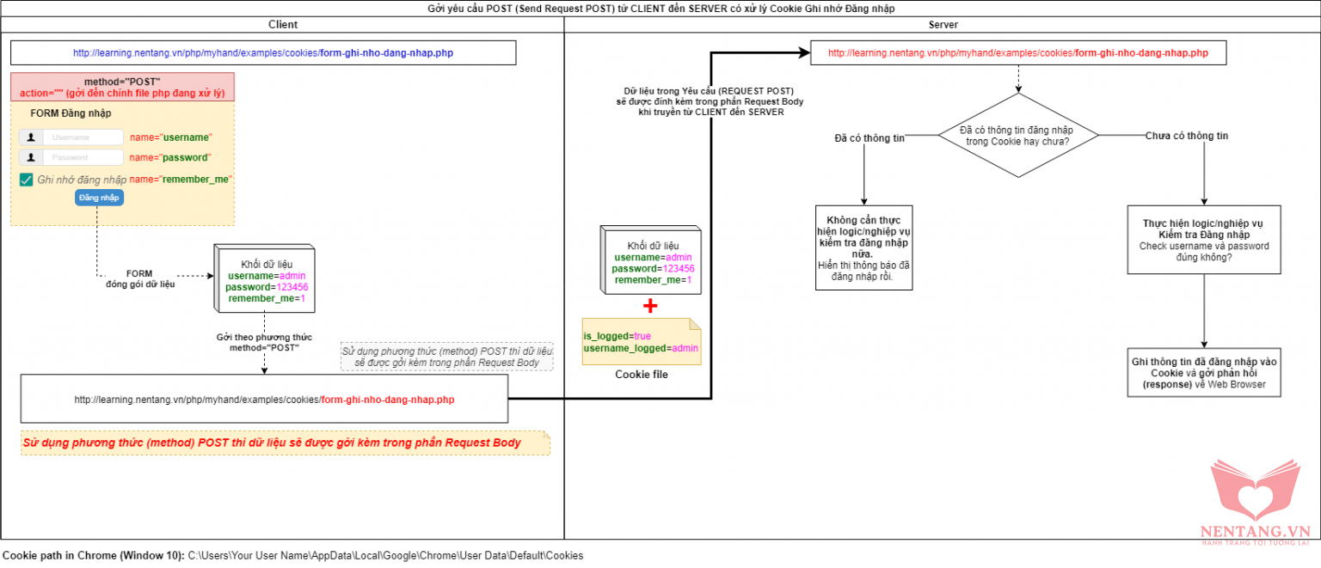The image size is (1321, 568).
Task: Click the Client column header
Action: pos(283,25)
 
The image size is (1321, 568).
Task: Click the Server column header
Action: pos(943,25)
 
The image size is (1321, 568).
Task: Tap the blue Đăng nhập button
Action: pos(100,198)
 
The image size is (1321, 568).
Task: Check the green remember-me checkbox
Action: pos(27,180)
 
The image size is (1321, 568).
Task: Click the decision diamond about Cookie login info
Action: pos(1017,135)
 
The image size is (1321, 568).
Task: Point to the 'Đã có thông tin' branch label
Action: pos(869,138)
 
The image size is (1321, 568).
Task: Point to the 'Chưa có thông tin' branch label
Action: pos(1187,136)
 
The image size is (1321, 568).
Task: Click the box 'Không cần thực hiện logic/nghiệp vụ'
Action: pos(863,247)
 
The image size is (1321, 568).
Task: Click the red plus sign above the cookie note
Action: pos(650,306)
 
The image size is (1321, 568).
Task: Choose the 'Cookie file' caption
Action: pos(641,375)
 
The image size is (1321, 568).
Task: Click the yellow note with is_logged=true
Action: pos(641,341)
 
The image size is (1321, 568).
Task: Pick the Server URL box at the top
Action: pos(1017,53)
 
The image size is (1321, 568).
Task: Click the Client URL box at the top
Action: pos(263,53)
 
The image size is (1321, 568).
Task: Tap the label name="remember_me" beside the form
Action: pos(181,179)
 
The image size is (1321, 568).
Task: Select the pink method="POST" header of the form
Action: pos(122,87)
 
